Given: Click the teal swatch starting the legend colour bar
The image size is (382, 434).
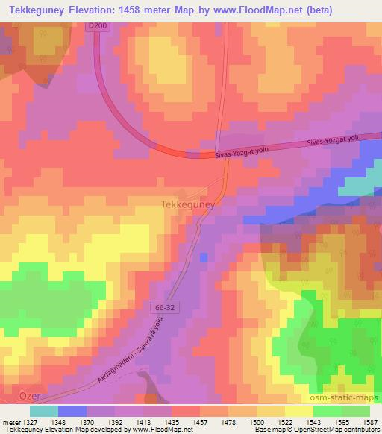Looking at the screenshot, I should coord(43,411).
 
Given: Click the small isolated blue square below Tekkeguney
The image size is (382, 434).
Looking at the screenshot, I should coord(204,257).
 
